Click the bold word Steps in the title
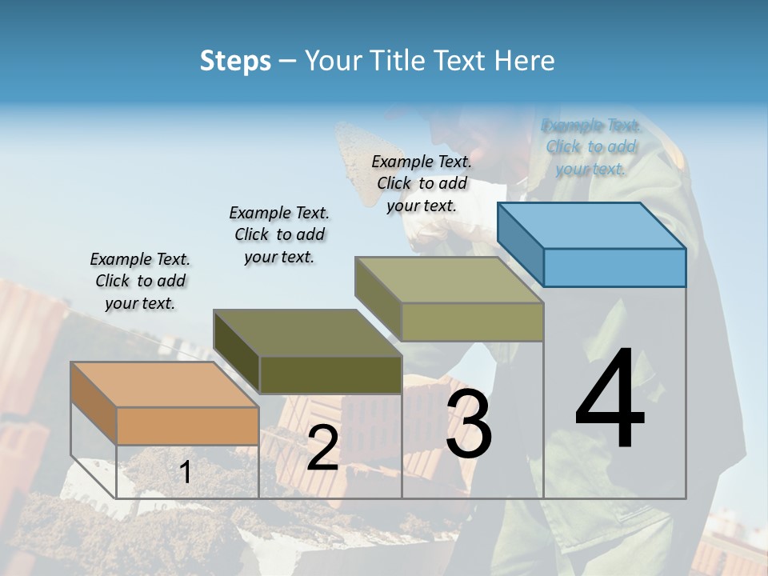235,61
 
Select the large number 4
610,399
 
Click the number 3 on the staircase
469,424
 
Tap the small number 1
185,473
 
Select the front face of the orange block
187,426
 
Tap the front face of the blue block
614,267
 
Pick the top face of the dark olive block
307,332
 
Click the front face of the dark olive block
330,374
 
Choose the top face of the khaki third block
449,279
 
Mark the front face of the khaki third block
472,322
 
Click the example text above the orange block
140,281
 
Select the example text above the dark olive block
279,234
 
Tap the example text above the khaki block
422,183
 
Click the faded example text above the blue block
591,146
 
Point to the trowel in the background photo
357,160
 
